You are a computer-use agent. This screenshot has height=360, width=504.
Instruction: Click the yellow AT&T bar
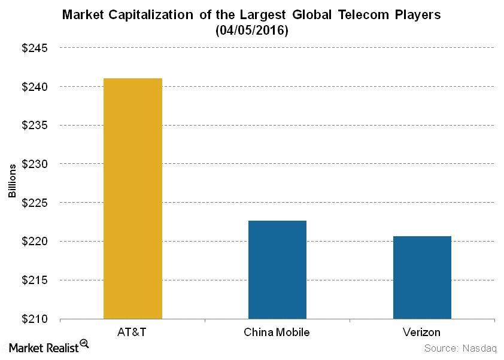tap(132, 199)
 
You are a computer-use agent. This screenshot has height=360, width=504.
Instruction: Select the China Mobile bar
tap(277, 270)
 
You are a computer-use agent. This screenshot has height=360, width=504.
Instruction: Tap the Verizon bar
tap(422, 277)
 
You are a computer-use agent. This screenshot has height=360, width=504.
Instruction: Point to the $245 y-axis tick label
tap(35, 48)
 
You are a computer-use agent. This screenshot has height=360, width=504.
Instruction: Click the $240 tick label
tap(35, 87)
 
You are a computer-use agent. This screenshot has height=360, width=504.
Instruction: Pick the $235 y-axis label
tap(35, 126)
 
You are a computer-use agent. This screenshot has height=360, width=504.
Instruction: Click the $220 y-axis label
tap(35, 242)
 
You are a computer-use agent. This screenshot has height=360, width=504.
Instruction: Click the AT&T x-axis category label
tap(132, 332)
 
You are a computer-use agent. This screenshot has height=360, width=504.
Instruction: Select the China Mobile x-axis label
tap(277, 332)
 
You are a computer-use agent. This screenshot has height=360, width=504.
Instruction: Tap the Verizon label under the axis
tap(422, 332)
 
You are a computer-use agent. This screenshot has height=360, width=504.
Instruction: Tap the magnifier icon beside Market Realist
tap(84, 344)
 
